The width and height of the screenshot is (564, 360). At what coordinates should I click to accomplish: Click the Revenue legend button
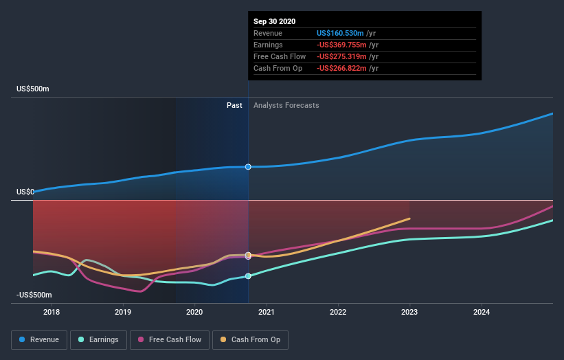pyautogui.click(x=40, y=339)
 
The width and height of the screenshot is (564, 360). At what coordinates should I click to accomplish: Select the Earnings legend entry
pyautogui.click(x=98, y=339)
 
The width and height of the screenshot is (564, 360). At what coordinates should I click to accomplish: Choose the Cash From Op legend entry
pyautogui.click(x=250, y=339)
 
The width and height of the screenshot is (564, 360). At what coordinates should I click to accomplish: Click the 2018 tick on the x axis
pyautogui.click(x=51, y=312)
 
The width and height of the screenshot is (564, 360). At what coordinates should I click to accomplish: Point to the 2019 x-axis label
pyautogui.click(x=123, y=312)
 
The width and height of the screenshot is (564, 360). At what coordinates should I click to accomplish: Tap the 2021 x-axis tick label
pyautogui.click(x=267, y=312)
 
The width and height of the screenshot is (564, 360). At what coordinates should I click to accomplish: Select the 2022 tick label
pyautogui.click(x=338, y=312)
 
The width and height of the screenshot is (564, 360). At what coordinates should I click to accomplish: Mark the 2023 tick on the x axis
pyautogui.click(x=409, y=312)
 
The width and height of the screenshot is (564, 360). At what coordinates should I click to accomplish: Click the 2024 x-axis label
pyautogui.click(x=482, y=312)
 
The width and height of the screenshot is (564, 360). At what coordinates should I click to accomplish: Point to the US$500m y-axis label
pyautogui.click(x=33, y=89)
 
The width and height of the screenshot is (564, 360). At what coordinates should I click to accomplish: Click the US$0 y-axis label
pyautogui.click(x=25, y=192)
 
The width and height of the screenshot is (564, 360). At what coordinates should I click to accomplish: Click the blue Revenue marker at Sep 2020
pyautogui.click(x=248, y=167)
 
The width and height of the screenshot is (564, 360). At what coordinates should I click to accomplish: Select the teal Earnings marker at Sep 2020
pyautogui.click(x=248, y=276)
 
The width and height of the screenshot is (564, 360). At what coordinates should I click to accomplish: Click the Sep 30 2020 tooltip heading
pyautogui.click(x=274, y=21)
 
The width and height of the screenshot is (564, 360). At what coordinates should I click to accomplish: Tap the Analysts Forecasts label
pyautogui.click(x=286, y=105)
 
